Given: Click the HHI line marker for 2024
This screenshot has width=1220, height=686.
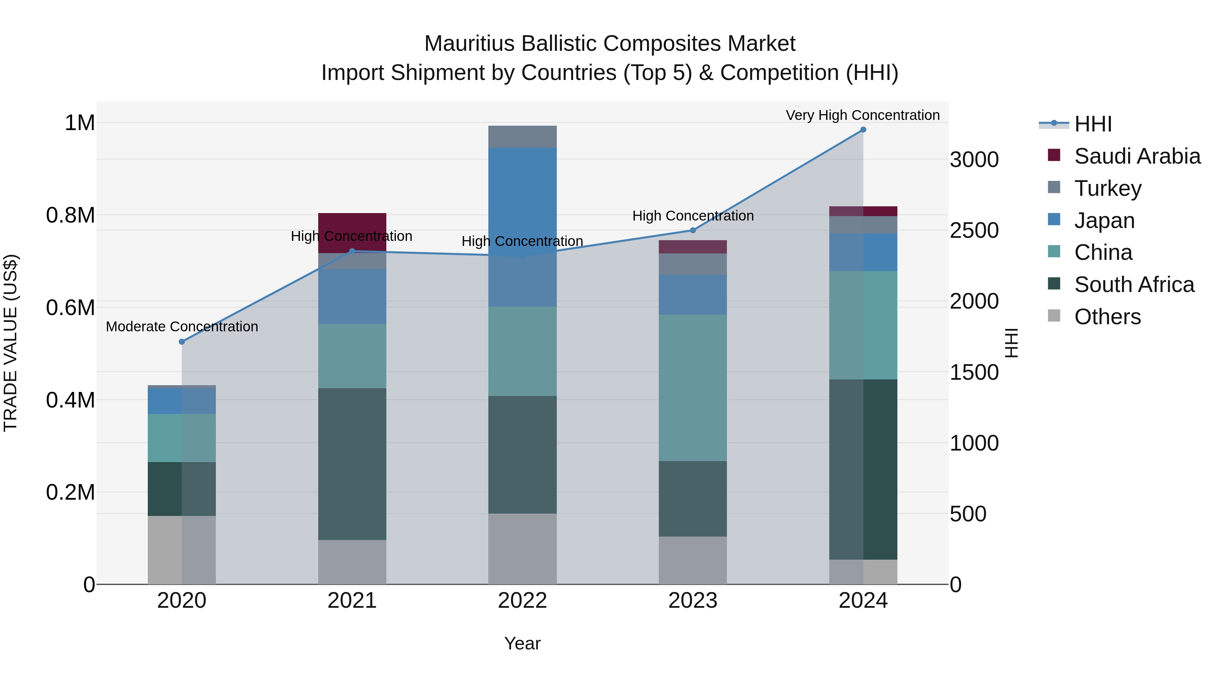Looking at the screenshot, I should tap(863, 130).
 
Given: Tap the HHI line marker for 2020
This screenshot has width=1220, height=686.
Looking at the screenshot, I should tap(182, 342).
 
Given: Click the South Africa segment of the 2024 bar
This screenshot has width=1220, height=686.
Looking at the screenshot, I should tap(863, 469).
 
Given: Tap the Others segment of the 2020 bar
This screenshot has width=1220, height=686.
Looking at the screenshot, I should tap(182, 549).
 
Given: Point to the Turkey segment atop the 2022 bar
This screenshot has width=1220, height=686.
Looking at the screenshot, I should tap(522, 137).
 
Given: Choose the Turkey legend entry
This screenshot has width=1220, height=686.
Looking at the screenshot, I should tap(1108, 188).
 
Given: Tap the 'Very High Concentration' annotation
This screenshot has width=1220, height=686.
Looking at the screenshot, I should tap(862, 116).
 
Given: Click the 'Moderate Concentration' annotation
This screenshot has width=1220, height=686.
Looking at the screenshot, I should tap(182, 327).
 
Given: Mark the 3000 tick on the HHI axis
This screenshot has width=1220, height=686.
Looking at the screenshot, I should tap(974, 160).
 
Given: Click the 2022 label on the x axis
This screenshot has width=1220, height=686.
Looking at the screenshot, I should tap(522, 601).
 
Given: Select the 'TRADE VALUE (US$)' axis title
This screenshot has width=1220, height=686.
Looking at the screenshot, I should tap(11, 343).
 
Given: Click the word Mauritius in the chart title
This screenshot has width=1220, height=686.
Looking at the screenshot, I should tap(469, 44).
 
